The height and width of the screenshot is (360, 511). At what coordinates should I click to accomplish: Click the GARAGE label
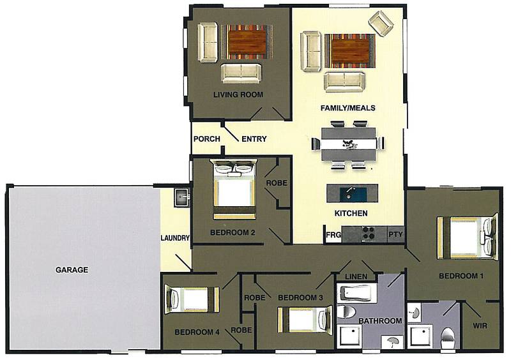(71, 270)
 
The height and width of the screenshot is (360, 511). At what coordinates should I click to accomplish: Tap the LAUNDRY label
(175, 239)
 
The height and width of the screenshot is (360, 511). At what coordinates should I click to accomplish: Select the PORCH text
(206, 139)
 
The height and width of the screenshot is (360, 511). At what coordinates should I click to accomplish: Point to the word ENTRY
(254, 139)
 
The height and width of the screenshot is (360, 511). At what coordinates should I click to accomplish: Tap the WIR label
(480, 325)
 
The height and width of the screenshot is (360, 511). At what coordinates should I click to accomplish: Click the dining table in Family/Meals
(348, 145)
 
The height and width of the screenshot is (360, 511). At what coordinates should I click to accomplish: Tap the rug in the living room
(247, 44)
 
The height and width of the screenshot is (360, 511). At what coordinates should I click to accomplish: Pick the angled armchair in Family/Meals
(382, 24)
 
